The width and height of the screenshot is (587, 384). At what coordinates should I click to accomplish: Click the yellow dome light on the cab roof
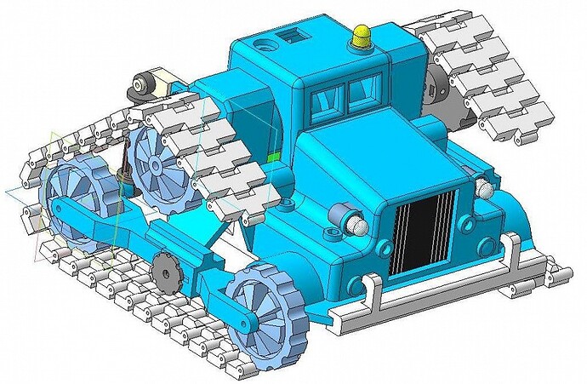(361, 37)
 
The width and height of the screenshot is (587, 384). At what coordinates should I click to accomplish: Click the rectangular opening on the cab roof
(294, 35)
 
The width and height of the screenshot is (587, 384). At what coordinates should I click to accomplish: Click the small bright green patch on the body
(272, 158)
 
